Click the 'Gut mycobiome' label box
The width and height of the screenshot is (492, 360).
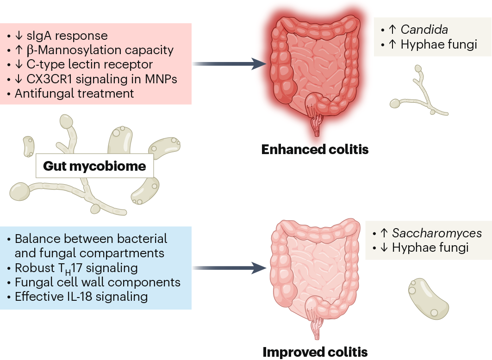click(x=94, y=166)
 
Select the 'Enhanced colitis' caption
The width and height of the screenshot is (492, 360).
click(x=315, y=149)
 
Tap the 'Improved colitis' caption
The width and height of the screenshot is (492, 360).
click(x=315, y=352)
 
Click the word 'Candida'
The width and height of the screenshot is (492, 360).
click(x=424, y=30)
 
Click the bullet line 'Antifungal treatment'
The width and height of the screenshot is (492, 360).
click(x=74, y=93)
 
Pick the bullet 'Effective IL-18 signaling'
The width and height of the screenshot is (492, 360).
click(x=81, y=296)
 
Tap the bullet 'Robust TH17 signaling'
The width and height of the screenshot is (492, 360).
click(x=76, y=267)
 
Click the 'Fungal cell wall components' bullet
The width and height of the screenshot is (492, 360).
click(x=97, y=282)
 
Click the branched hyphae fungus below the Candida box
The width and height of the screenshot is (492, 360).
click(x=419, y=95)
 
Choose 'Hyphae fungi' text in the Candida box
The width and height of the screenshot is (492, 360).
click(x=438, y=44)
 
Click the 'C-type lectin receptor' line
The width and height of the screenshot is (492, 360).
click(x=83, y=64)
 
